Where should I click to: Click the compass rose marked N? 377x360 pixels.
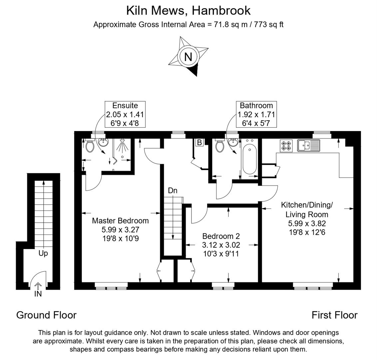[188, 56]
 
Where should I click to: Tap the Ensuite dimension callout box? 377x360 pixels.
[125, 114]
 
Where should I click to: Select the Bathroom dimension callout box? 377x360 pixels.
[256, 114]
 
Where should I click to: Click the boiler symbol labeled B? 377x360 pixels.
[199, 143]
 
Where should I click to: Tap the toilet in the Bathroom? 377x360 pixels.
[219, 146]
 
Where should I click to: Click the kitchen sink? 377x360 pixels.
[308, 145]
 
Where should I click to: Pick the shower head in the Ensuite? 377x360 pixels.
[123, 146]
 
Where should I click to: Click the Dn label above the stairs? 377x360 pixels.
[173, 191]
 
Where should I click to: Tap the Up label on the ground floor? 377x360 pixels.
[43, 253]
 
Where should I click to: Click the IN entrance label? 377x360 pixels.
[38, 294]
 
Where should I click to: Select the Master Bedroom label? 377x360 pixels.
[120, 221]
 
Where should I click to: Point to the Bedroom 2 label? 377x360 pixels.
[221, 236]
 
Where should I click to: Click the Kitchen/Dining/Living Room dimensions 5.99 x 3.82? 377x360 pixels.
[307, 224]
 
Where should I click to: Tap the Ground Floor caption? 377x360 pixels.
[46, 315]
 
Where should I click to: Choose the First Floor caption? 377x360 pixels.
[334, 315]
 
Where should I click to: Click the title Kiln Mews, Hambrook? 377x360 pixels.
[188, 10]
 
